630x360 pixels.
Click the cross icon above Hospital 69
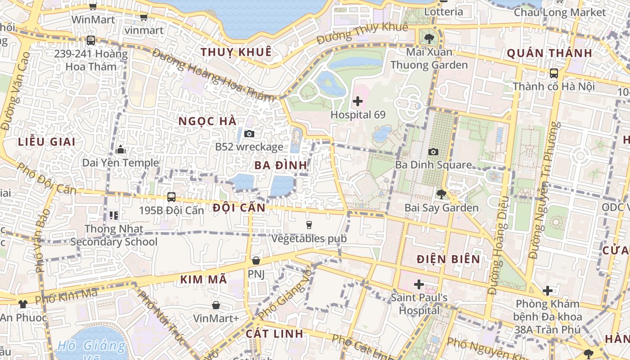[x=358, y=101]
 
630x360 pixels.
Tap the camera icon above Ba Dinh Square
[x=433, y=152]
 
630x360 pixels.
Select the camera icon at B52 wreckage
[x=249, y=134]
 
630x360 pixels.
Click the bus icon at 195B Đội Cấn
[x=171, y=197]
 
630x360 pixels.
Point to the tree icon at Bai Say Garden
[x=441, y=194]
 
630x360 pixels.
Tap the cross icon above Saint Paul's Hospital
[x=419, y=284]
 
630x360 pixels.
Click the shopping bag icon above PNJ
[x=256, y=261]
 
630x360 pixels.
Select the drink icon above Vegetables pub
[x=309, y=225]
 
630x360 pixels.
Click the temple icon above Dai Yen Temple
[x=121, y=149]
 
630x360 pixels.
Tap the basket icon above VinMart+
[x=216, y=305]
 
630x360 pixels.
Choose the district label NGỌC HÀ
[x=207, y=121]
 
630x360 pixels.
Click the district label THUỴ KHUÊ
[x=236, y=52]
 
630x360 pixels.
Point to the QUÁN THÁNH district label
[x=549, y=54]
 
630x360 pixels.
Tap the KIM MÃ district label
[x=203, y=279]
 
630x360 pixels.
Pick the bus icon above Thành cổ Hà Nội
[x=554, y=73]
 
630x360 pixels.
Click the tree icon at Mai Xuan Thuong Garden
[x=429, y=39]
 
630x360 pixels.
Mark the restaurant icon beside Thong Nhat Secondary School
[x=114, y=216]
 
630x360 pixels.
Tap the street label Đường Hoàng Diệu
[x=497, y=245]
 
